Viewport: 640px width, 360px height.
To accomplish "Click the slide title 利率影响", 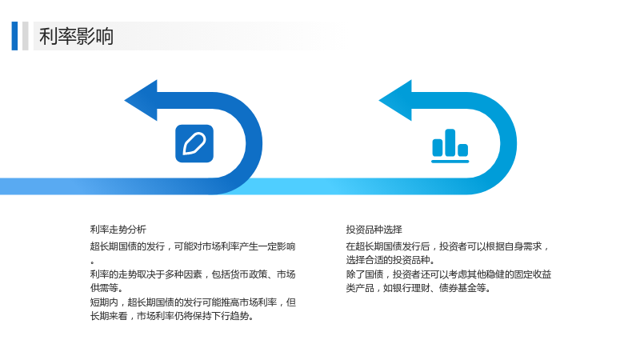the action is pos(76,36).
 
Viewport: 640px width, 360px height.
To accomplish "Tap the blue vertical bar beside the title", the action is pos(14,36).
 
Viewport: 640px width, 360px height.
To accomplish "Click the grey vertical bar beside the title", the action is pos(26,36).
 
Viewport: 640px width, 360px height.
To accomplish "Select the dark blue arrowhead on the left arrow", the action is pos(141,101).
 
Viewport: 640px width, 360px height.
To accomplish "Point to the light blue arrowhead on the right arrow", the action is pos(395,101).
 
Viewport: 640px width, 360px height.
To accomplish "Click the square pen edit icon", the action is pos(194,144).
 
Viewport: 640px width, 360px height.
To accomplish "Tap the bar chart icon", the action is pos(450,146).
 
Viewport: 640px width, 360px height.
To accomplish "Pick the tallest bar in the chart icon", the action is pos(450,143).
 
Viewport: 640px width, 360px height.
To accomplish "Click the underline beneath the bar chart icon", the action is pos(450,162).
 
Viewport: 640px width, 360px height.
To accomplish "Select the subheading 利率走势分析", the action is pos(118,230).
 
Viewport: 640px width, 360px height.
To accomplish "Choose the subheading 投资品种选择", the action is pos(374,230).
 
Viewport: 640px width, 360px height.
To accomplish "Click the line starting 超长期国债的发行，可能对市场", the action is pos(193,246).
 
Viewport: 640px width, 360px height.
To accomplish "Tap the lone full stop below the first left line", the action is pos(93,262).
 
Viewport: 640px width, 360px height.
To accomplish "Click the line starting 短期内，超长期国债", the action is pos(193,302).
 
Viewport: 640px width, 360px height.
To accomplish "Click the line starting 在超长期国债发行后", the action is pos(448,246).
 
